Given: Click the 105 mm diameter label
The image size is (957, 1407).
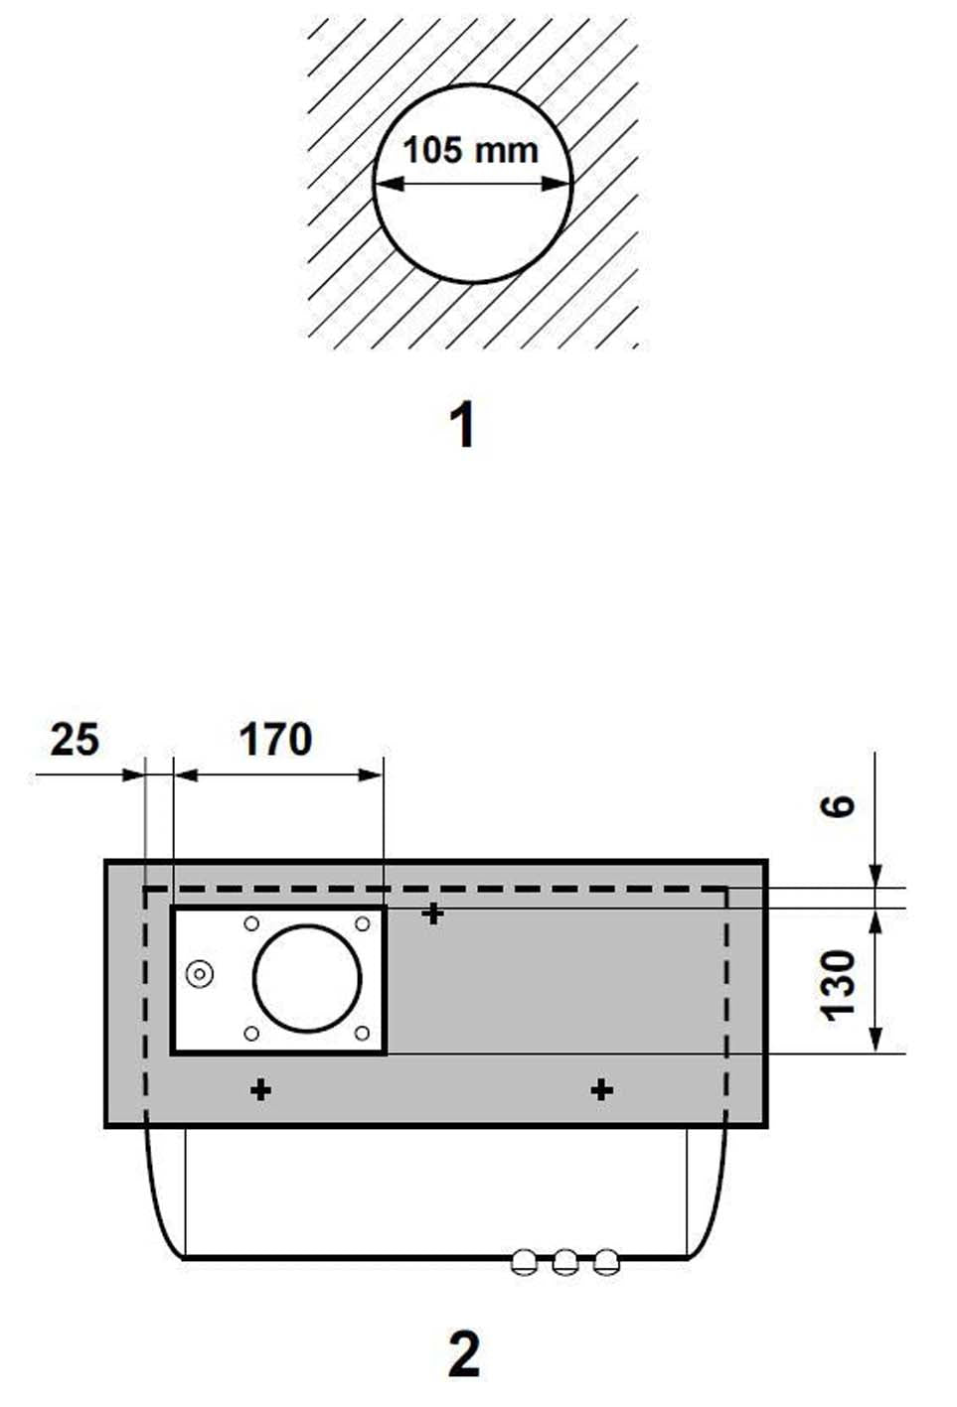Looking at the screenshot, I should coord(470,150).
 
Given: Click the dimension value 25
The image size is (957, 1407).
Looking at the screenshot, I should coord(75,740).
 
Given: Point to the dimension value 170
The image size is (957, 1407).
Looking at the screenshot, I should coord(275,740).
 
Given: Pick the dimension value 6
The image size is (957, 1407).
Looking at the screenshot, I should coord(840,804).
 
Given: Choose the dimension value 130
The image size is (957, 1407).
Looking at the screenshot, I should coord(840,983).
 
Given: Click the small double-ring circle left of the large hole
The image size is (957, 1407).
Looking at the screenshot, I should coord(200,975).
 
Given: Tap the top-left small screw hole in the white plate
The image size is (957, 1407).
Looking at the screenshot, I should coord(251,923).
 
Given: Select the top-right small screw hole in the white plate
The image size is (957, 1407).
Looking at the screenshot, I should coord(363,923).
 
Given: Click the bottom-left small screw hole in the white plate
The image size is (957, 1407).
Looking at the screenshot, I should coord(251,1034).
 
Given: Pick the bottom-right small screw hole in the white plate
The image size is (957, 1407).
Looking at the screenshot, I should coord(363,1034).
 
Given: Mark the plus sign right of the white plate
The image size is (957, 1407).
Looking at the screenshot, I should coord(432,913).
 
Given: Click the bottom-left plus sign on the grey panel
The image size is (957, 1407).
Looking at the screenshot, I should coord(260,1090).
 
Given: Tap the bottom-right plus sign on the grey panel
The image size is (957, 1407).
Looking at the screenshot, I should coord(601,1090).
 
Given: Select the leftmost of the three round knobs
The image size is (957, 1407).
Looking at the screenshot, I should coord(524,1262).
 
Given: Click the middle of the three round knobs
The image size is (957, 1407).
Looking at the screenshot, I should coord(565,1262).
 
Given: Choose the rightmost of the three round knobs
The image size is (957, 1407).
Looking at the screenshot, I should coord(606,1262).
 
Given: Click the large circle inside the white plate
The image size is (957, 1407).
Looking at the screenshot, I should coord(307,979).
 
